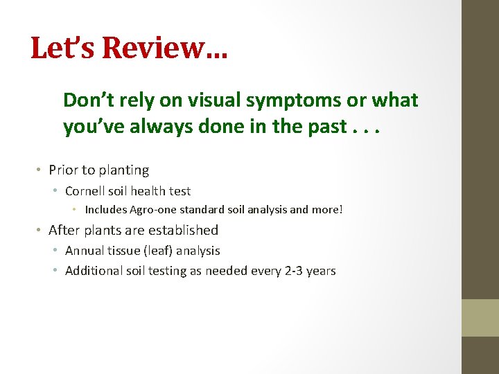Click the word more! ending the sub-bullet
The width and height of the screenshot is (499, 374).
[x=326, y=210]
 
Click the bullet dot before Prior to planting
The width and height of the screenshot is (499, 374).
[x=41, y=170]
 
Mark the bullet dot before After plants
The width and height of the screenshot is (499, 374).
[x=41, y=231]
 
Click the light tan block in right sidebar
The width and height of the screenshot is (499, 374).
[x=480, y=318]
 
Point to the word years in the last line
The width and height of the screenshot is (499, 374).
[x=320, y=271]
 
